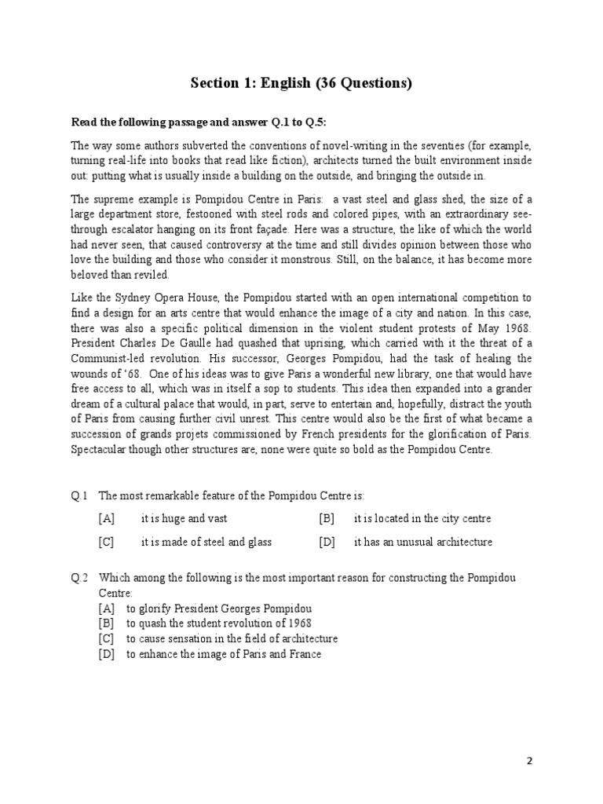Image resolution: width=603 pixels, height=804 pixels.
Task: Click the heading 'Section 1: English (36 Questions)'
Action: [301, 84]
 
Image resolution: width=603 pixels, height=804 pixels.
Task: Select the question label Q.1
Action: [80, 495]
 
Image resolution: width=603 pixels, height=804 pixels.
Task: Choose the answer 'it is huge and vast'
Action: [184, 518]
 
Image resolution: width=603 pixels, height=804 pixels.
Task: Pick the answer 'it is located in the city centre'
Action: [422, 518]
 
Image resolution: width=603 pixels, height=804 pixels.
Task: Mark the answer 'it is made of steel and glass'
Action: [206, 542]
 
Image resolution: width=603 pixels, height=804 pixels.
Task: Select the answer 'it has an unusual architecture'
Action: [423, 542]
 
